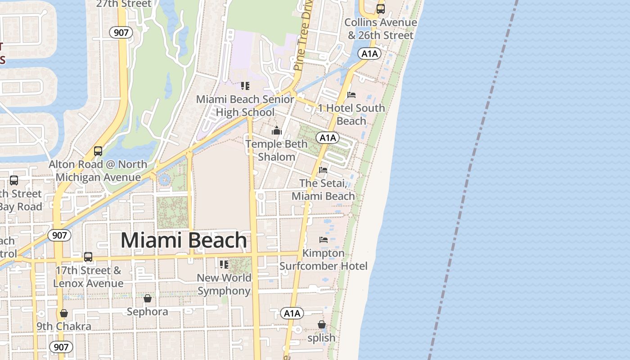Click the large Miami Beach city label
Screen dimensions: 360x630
click(x=184, y=240)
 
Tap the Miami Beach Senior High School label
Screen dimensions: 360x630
click(x=245, y=106)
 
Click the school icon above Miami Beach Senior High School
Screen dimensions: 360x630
click(x=245, y=85)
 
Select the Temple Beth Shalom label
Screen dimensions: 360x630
click(x=276, y=150)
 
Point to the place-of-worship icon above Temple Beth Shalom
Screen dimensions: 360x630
click(x=276, y=131)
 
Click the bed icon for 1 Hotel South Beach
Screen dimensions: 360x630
click(x=351, y=95)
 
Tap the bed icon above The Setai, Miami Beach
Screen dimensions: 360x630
click(x=323, y=170)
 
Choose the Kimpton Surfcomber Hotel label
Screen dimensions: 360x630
click(x=323, y=260)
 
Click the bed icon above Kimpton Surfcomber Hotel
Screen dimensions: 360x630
click(x=323, y=240)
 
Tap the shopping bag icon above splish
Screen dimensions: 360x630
click(x=321, y=324)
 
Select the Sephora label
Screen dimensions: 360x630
click(x=147, y=311)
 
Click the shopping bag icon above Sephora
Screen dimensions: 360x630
click(x=147, y=298)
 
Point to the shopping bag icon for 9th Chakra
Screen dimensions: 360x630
click(x=64, y=313)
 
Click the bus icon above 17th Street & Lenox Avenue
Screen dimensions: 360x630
click(x=88, y=257)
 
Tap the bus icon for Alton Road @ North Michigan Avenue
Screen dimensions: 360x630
click(x=98, y=151)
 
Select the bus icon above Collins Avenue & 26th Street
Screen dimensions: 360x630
click(x=381, y=9)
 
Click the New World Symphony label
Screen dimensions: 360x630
click(x=224, y=284)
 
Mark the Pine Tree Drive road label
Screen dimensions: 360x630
click(x=303, y=36)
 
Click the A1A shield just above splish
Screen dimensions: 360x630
click(x=292, y=313)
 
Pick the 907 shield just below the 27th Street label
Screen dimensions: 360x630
click(x=121, y=32)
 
